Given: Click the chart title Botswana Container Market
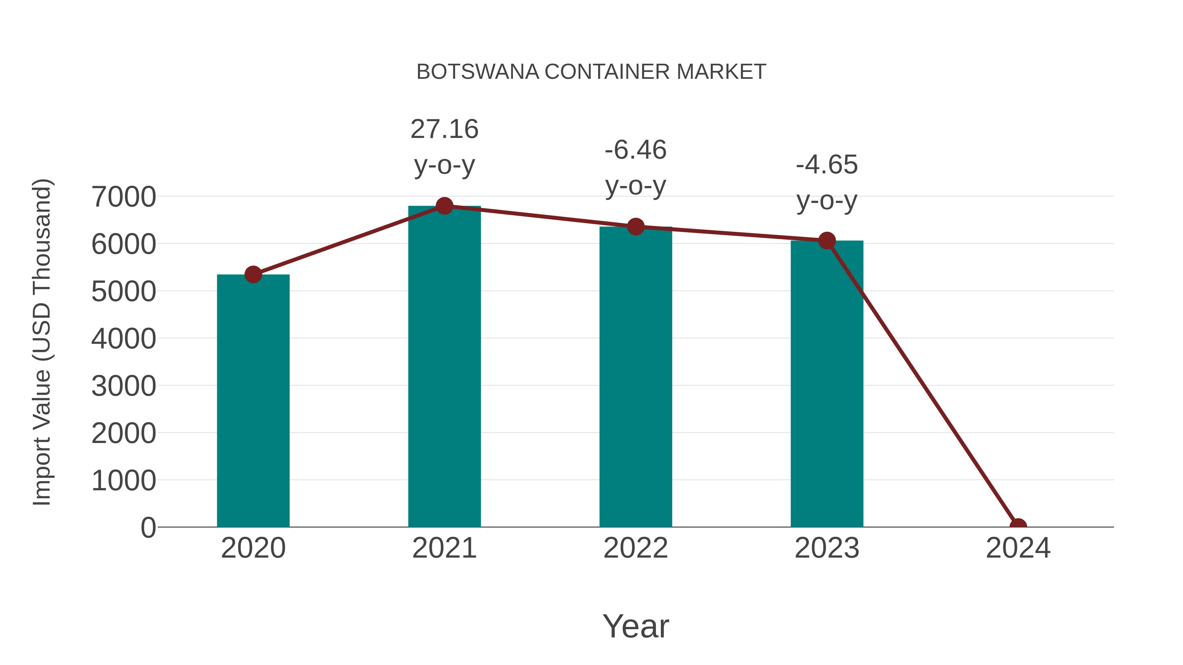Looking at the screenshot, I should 591,72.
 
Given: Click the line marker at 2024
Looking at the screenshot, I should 1018,526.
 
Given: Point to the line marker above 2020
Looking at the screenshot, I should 253,275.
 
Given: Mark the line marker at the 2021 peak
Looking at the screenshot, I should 444,206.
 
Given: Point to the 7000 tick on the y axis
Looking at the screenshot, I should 124,197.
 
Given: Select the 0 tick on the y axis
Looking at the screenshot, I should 148,527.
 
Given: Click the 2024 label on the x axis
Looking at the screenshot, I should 1018,548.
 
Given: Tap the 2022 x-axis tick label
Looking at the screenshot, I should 636,548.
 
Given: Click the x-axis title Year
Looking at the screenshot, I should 636,626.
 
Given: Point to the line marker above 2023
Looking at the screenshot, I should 827,240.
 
